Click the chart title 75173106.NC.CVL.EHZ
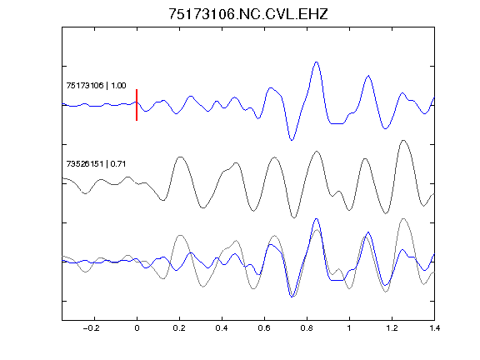point(248,14)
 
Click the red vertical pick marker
point(137,105)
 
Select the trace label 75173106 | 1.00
point(96,85)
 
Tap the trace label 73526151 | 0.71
point(96,164)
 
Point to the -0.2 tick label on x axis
point(92,328)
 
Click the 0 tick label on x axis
point(137,328)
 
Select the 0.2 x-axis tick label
point(179,328)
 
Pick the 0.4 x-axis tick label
point(222,328)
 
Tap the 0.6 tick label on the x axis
point(264,328)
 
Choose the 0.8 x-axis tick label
point(307,328)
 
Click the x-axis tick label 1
point(349,328)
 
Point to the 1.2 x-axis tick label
point(392,328)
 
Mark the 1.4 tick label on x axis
point(434,328)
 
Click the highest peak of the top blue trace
point(317,62)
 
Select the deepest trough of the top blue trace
point(292,140)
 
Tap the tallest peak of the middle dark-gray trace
point(403,141)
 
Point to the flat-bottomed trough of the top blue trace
point(337,123)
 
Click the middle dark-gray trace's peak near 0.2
point(181,157)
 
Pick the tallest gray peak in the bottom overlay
point(403,218)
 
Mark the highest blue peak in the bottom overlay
point(317,219)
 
